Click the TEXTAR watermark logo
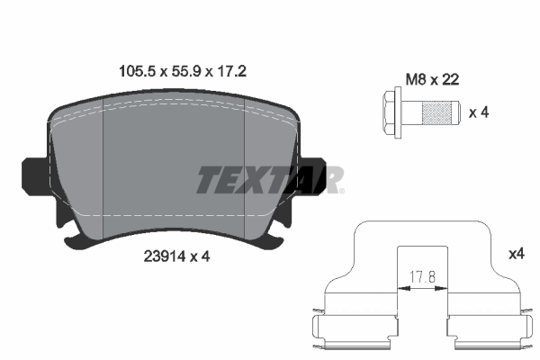point(269,179)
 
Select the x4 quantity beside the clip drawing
point(516,255)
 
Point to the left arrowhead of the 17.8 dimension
point(400,289)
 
